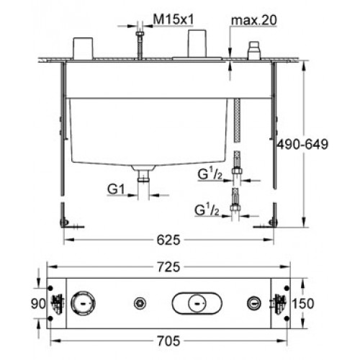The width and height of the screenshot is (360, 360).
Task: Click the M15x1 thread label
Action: tap(174, 19)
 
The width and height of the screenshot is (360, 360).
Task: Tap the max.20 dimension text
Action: tap(254, 20)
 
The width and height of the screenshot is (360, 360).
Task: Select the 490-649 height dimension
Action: tap(302, 144)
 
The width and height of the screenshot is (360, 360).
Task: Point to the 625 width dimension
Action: tap(168, 240)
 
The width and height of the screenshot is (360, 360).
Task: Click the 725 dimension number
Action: tap(168, 267)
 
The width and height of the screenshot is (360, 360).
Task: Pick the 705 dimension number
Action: tap(168, 341)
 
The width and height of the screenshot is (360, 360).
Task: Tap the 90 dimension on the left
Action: tap(38, 304)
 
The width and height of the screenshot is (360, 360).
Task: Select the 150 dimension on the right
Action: tap(303, 303)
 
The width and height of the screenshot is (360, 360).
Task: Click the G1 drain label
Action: tap(116, 189)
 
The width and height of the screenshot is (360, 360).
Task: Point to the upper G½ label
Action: tap(210, 174)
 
